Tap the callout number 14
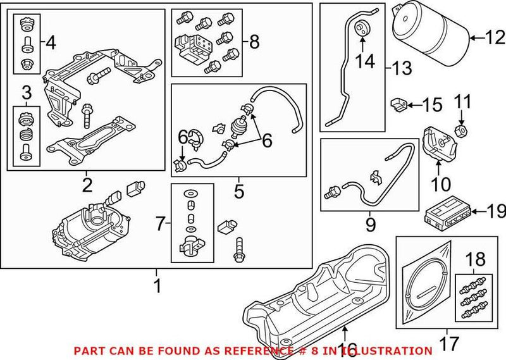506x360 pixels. [x=364, y=61]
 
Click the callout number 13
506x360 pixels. [x=400, y=66]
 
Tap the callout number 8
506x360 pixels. [x=254, y=42]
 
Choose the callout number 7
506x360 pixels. [x=160, y=222]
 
